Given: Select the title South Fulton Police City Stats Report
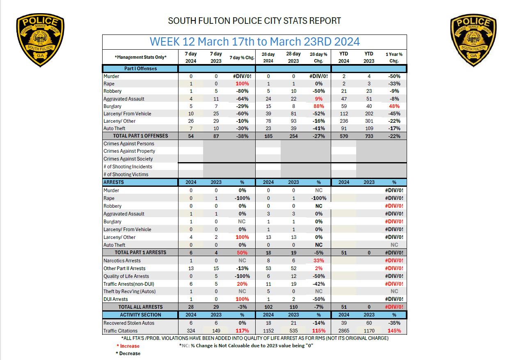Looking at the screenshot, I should [254, 21].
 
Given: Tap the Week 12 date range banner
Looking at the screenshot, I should [254, 41].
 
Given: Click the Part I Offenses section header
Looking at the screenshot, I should [140, 69].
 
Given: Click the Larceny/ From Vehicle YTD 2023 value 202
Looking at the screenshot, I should [368, 114].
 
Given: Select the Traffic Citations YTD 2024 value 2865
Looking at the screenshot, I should [343, 331].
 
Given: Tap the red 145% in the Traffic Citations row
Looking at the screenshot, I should [394, 331].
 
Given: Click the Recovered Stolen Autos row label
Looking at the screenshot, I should [129, 323].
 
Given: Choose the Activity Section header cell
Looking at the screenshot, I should [140, 315].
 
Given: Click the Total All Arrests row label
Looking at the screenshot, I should [140, 307].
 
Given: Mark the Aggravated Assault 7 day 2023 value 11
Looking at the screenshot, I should [216, 99].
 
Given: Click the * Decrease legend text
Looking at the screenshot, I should [128, 353].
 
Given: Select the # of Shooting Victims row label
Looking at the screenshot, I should [126, 174].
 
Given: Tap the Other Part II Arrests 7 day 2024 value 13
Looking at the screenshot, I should [191, 268].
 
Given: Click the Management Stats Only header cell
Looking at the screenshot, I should [140, 57].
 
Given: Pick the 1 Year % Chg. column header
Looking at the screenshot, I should [394, 57].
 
